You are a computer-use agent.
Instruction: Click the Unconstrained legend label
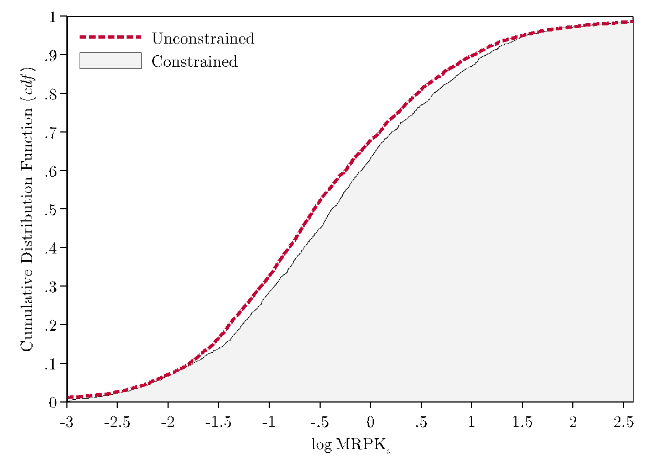[203, 39]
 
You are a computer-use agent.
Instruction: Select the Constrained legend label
[194, 61]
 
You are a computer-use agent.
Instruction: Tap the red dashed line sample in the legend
[111, 38]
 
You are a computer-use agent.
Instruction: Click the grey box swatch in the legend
[111, 61]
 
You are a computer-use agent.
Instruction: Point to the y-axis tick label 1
[54, 17]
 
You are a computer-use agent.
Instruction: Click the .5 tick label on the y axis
[51, 209]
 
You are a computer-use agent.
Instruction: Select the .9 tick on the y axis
[51, 55]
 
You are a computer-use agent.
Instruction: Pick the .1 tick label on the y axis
[51, 363]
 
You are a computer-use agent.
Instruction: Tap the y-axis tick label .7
[51, 132]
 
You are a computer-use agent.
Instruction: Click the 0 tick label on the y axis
[54, 403]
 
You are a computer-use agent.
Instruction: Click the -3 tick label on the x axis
[67, 422]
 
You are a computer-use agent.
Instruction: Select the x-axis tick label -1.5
[218, 422]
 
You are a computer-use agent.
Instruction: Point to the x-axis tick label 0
[370, 422]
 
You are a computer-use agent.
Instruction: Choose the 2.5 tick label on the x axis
[623, 422]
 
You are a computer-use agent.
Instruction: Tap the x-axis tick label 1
[472, 422]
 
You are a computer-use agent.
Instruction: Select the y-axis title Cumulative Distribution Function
[28, 209]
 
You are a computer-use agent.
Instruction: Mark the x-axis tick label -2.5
[117, 422]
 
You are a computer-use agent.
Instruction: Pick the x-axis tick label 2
[573, 422]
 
